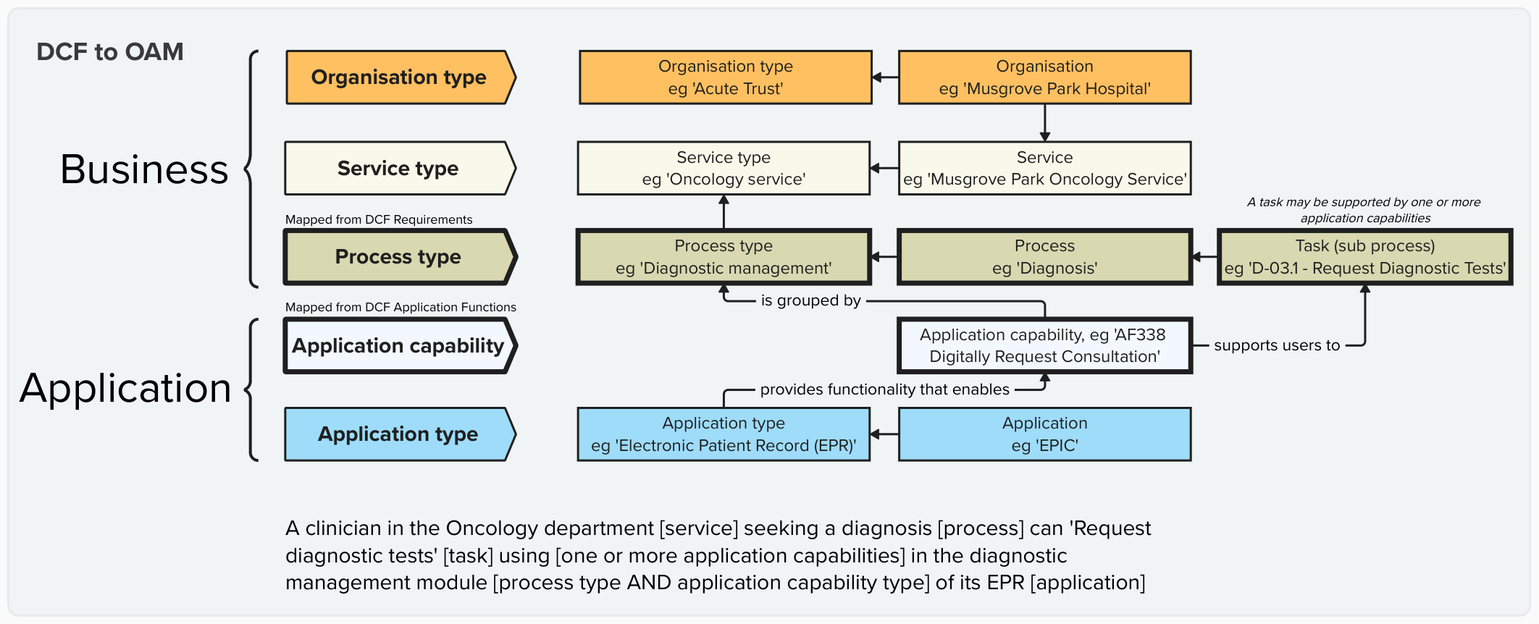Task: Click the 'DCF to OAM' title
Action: point(110,52)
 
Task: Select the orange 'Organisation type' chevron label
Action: point(398,77)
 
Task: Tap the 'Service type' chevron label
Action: point(398,169)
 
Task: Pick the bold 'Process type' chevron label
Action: point(398,257)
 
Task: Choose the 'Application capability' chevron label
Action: point(398,346)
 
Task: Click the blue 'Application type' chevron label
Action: point(398,434)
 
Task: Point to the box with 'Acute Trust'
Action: point(725,77)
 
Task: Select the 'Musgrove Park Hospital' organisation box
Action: point(1044,77)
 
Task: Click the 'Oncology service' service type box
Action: point(724,169)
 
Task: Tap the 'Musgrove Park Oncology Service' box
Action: point(1044,169)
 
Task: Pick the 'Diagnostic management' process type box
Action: point(724,257)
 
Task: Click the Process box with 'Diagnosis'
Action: point(1044,257)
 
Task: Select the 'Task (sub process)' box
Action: point(1364,257)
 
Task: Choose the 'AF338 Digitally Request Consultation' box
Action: point(1044,346)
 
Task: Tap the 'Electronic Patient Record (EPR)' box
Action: point(724,434)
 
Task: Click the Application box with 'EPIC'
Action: point(1044,434)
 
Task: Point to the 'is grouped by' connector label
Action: point(810,300)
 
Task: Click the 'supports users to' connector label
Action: point(1276,346)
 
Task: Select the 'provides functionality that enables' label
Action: point(884,389)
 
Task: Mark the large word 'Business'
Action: point(144,169)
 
